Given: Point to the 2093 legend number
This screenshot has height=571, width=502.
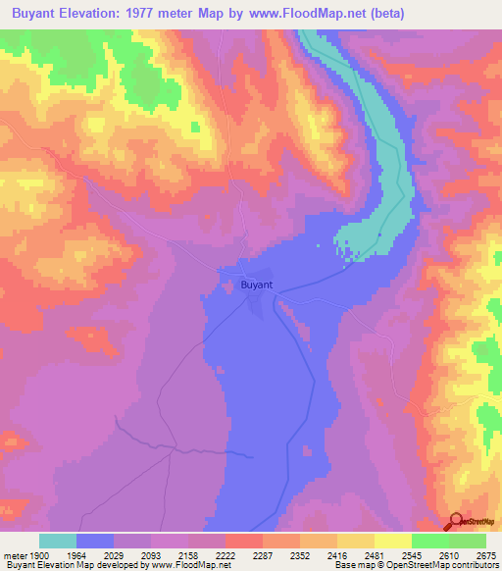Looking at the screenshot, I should [151, 554].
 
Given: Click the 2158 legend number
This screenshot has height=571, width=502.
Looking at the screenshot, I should [188, 554].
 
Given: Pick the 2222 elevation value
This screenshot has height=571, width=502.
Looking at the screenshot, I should [226, 554].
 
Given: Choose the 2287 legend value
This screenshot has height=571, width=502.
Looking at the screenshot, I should [263, 554].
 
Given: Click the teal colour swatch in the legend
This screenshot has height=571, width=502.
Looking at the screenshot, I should [58, 541].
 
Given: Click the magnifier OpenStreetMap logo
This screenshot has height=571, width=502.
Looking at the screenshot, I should [457, 521].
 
